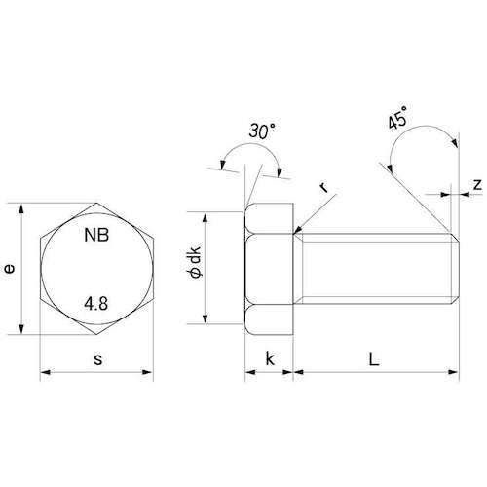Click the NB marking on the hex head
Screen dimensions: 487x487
tap(96, 235)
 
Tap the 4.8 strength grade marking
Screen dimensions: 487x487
tap(96, 304)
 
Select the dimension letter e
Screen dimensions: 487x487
tap(10, 269)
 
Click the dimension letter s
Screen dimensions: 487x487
tap(97, 359)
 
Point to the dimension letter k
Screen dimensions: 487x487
tap(270, 358)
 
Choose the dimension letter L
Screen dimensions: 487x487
tap(374, 359)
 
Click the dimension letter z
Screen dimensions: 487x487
tap(477, 184)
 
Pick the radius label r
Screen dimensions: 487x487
tap(324, 187)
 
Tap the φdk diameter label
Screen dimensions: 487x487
tap(195, 263)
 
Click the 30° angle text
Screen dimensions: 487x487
tap(262, 131)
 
